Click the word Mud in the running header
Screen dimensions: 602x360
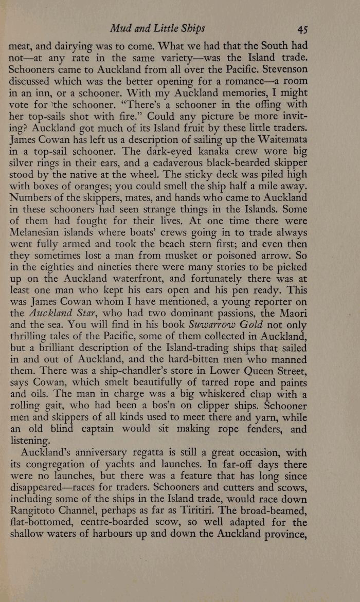[x=127, y=28]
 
